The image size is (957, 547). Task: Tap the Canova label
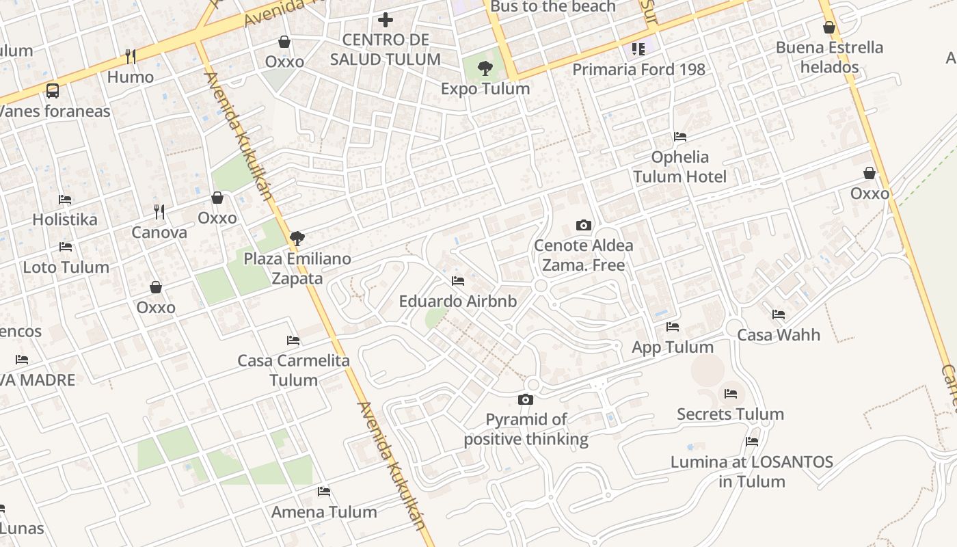(159, 232)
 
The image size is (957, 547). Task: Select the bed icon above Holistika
(65, 200)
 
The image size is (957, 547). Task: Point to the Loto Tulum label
(66, 267)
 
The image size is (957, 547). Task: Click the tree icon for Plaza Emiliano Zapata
(297, 239)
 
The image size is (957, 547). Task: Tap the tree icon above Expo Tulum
(485, 68)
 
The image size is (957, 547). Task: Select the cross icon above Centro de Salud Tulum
(386, 20)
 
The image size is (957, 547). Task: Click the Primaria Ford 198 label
(638, 69)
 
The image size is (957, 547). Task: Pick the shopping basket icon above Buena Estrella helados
(829, 27)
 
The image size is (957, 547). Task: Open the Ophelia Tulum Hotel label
(679, 167)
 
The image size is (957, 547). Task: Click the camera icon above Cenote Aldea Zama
(583, 225)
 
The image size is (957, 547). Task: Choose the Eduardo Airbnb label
(458, 301)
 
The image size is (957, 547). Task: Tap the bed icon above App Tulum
(673, 327)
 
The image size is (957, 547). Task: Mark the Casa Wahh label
(778, 335)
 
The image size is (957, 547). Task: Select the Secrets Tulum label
(730, 414)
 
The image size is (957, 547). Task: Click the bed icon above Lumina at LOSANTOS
(752, 442)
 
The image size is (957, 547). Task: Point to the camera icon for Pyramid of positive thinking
(526, 399)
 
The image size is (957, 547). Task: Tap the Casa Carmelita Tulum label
(293, 370)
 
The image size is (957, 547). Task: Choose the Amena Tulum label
(324, 511)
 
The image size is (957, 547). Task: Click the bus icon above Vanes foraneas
(53, 90)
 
